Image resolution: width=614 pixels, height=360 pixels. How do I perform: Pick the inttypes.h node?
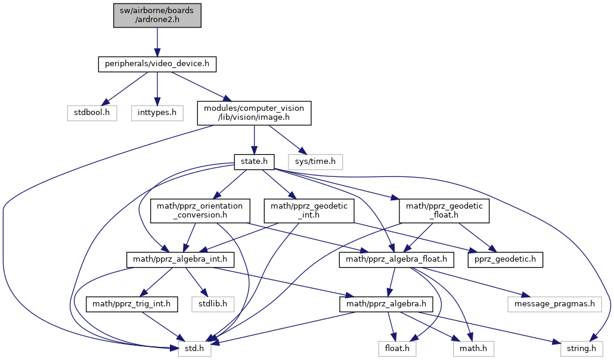click(x=156, y=111)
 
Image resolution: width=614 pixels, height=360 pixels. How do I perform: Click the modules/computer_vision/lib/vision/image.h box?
click(x=255, y=112)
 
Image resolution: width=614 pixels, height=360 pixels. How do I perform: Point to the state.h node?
click(x=254, y=161)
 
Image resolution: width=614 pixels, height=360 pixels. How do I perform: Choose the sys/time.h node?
click(x=315, y=161)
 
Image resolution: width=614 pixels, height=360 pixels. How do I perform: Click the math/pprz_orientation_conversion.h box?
click(x=200, y=210)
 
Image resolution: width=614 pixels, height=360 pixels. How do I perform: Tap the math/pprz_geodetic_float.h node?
click(x=444, y=210)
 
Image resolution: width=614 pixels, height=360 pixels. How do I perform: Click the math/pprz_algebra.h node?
click(x=386, y=305)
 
